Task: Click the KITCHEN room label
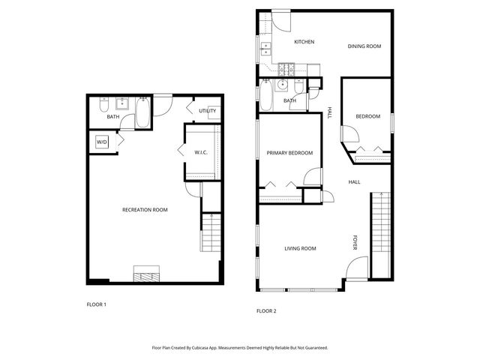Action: [x=304, y=42]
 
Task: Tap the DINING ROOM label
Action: [x=364, y=46]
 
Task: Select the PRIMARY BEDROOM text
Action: [x=289, y=153]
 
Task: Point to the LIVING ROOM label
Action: [x=300, y=249]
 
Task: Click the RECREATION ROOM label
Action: [x=145, y=210]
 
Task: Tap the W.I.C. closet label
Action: [x=201, y=153]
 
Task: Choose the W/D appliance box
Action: [x=101, y=142]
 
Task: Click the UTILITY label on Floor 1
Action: [x=208, y=111]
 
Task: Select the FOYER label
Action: [x=355, y=242]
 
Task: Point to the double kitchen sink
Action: [x=265, y=51]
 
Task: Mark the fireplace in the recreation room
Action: [x=146, y=274]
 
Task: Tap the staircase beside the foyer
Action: [x=382, y=232]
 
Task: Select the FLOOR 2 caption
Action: [x=266, y=310]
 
